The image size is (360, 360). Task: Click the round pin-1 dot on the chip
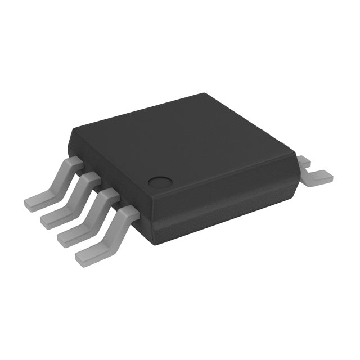(x=160, y=182)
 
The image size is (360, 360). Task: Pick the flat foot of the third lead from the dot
(x=53, y=214)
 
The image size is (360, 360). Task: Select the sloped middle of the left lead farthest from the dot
(x=56, y=180)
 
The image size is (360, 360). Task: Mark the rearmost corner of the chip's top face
(x=202, y=94)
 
